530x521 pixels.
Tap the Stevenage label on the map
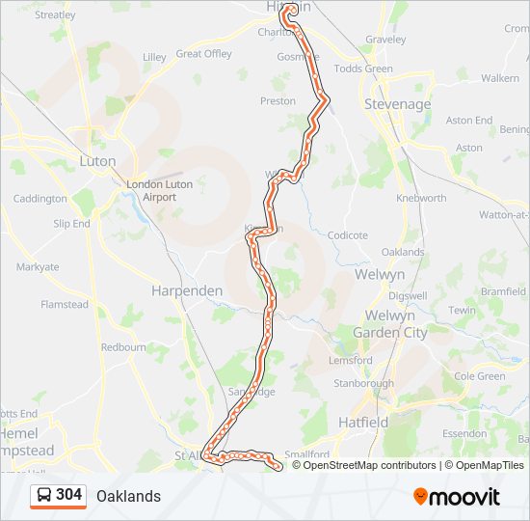[x=397, y=103]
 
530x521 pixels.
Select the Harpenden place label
[x=187, y=290]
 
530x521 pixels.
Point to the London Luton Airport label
[x=159, y=190]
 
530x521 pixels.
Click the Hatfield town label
[x=363, y=422]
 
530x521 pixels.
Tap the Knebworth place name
[x=421, y=198]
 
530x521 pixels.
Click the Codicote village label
[x=348, y=234]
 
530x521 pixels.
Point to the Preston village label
[x=278, y=100]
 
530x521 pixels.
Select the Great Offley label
[x=203, y=54]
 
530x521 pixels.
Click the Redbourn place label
[x=123, y=346]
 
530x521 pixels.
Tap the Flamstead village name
[x=64, y=304]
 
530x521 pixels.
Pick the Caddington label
[x=40, y=199]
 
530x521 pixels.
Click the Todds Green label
[x=363, y=69]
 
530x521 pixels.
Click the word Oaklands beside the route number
[x=128, y=496]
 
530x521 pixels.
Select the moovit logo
[x=457, y=497]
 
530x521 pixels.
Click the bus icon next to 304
[x=43, y=496]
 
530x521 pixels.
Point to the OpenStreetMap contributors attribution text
[x=366, y=465]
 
